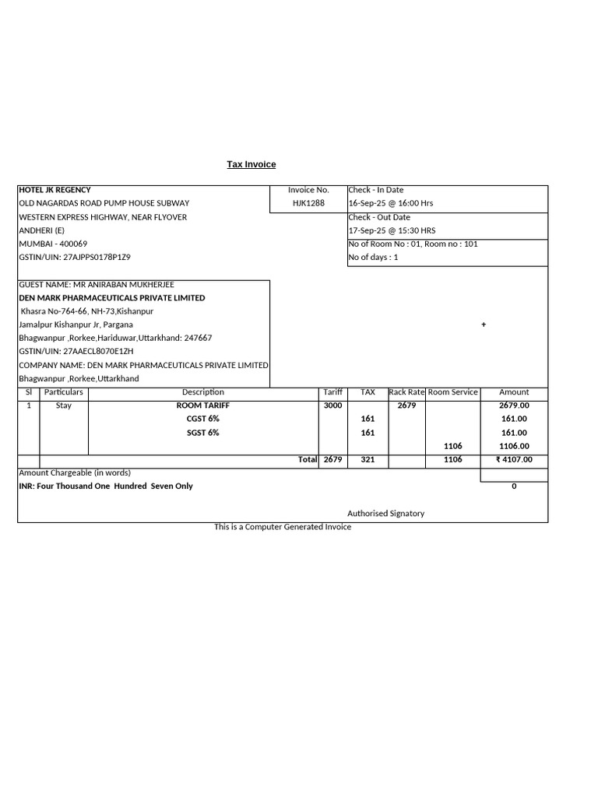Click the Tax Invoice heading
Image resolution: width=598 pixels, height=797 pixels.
click(251, 164)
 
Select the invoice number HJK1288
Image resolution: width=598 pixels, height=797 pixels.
click(308, 203)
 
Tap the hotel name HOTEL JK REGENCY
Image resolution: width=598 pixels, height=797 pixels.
click(55, 190)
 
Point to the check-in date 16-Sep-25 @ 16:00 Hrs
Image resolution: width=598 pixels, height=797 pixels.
click(391, 203)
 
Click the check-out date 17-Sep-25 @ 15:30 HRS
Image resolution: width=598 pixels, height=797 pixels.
click(392, 230)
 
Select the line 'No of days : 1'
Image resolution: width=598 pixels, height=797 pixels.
click(373, 258)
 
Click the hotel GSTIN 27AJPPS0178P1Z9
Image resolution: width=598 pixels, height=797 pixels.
click(75, 258)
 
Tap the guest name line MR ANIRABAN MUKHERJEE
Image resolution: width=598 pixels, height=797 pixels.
click(96, 285)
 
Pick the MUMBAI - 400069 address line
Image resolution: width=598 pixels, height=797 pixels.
click(53, 244)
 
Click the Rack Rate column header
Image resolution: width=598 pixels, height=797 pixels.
click(406, 392)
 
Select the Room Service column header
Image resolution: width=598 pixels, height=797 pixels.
click(453, 392)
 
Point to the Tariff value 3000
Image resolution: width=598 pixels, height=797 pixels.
click(332, 406)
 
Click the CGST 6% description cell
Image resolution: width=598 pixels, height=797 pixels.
click(203, 419)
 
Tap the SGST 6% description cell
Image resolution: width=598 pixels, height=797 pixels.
click(203, 433)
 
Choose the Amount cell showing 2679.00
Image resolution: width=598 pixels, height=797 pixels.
click(514, 406)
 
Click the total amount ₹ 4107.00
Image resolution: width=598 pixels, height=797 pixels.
click(514, 460)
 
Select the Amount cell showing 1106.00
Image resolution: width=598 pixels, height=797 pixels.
click(514, 446)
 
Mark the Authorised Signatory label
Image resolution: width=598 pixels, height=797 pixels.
click(386, 514)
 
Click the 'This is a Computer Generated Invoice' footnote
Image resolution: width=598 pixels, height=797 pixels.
click(283, 527)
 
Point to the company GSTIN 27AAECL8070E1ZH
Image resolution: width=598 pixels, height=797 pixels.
click(76, 352)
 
